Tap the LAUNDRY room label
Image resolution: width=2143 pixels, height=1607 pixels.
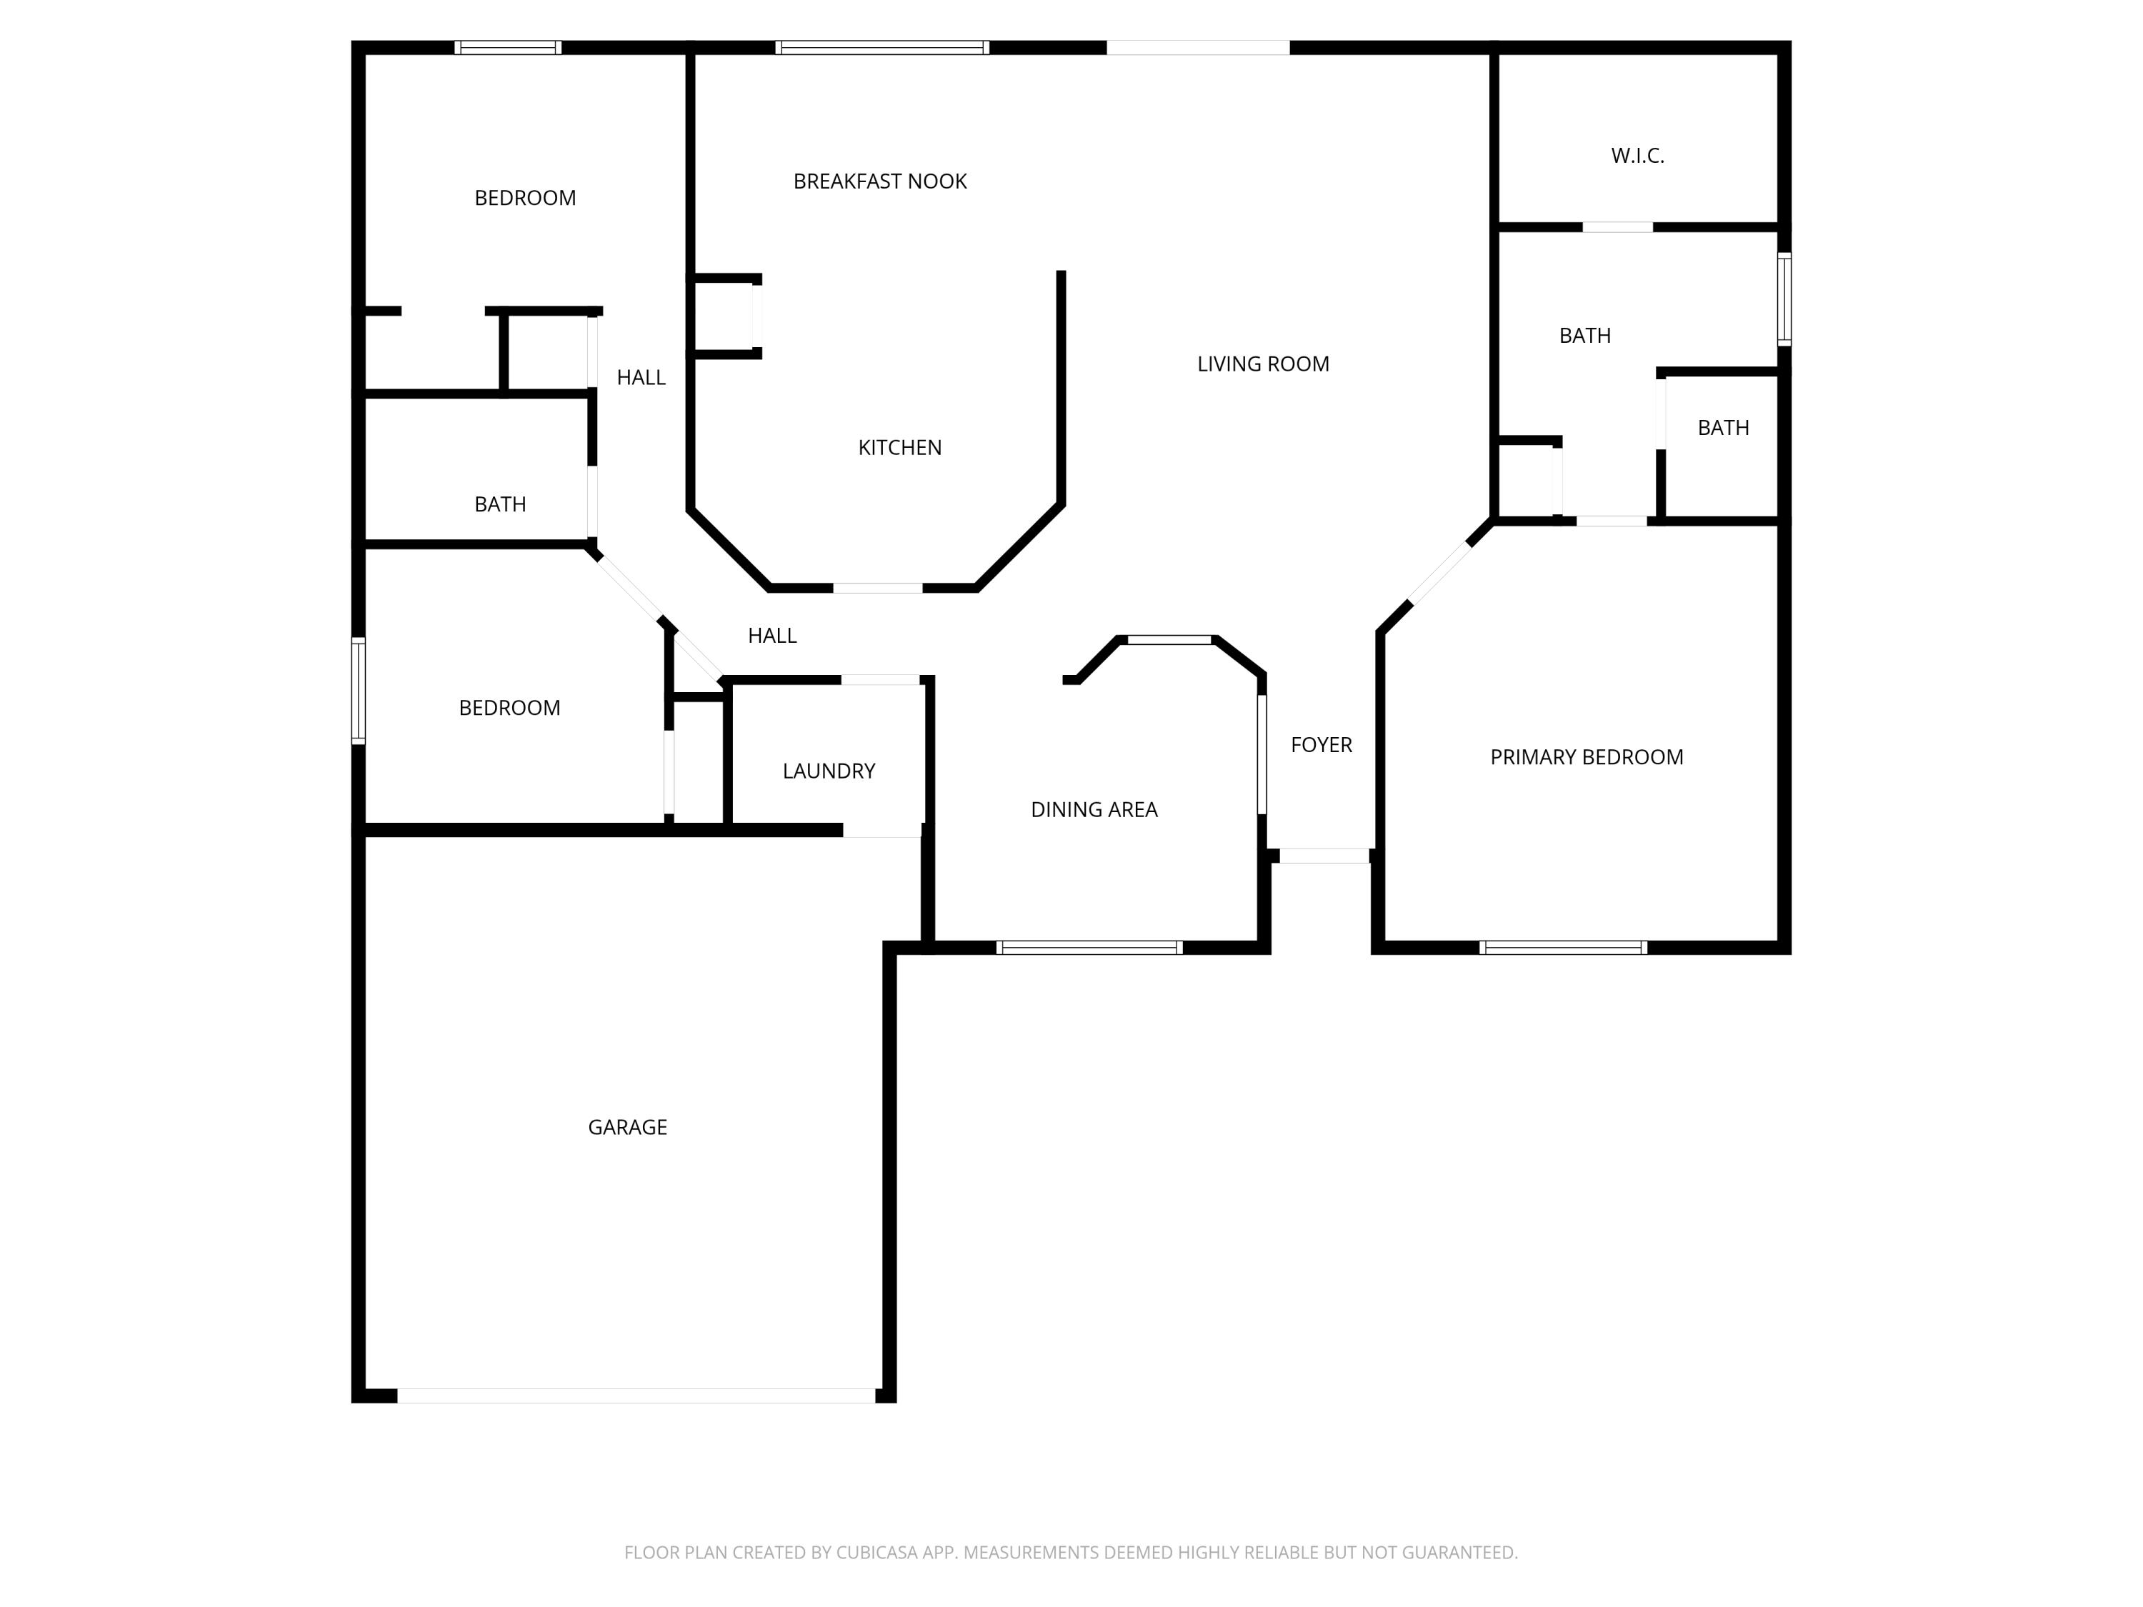829,771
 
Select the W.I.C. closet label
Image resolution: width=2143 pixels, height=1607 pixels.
1637,155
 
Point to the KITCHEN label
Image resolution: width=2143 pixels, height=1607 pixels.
899,448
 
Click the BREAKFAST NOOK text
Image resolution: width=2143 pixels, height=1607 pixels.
879,181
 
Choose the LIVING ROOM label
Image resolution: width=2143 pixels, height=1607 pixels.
1262,364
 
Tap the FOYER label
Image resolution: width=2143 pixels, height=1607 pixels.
1321,745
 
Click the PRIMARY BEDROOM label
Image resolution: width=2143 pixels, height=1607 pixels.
1586,758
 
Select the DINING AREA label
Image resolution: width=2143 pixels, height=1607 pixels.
1094,810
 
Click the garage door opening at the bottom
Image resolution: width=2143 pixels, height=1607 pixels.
636,1396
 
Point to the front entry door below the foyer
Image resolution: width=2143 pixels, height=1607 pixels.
1324,856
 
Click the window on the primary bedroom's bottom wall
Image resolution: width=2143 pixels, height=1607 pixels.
1563,947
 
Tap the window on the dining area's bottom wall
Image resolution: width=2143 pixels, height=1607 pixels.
1089,947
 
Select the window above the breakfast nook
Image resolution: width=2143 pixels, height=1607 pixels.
881,47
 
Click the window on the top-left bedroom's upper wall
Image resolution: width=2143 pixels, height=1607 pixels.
508,47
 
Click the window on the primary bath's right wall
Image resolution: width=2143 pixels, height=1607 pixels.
1784,299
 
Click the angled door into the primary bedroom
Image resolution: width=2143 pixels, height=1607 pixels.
1439,574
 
